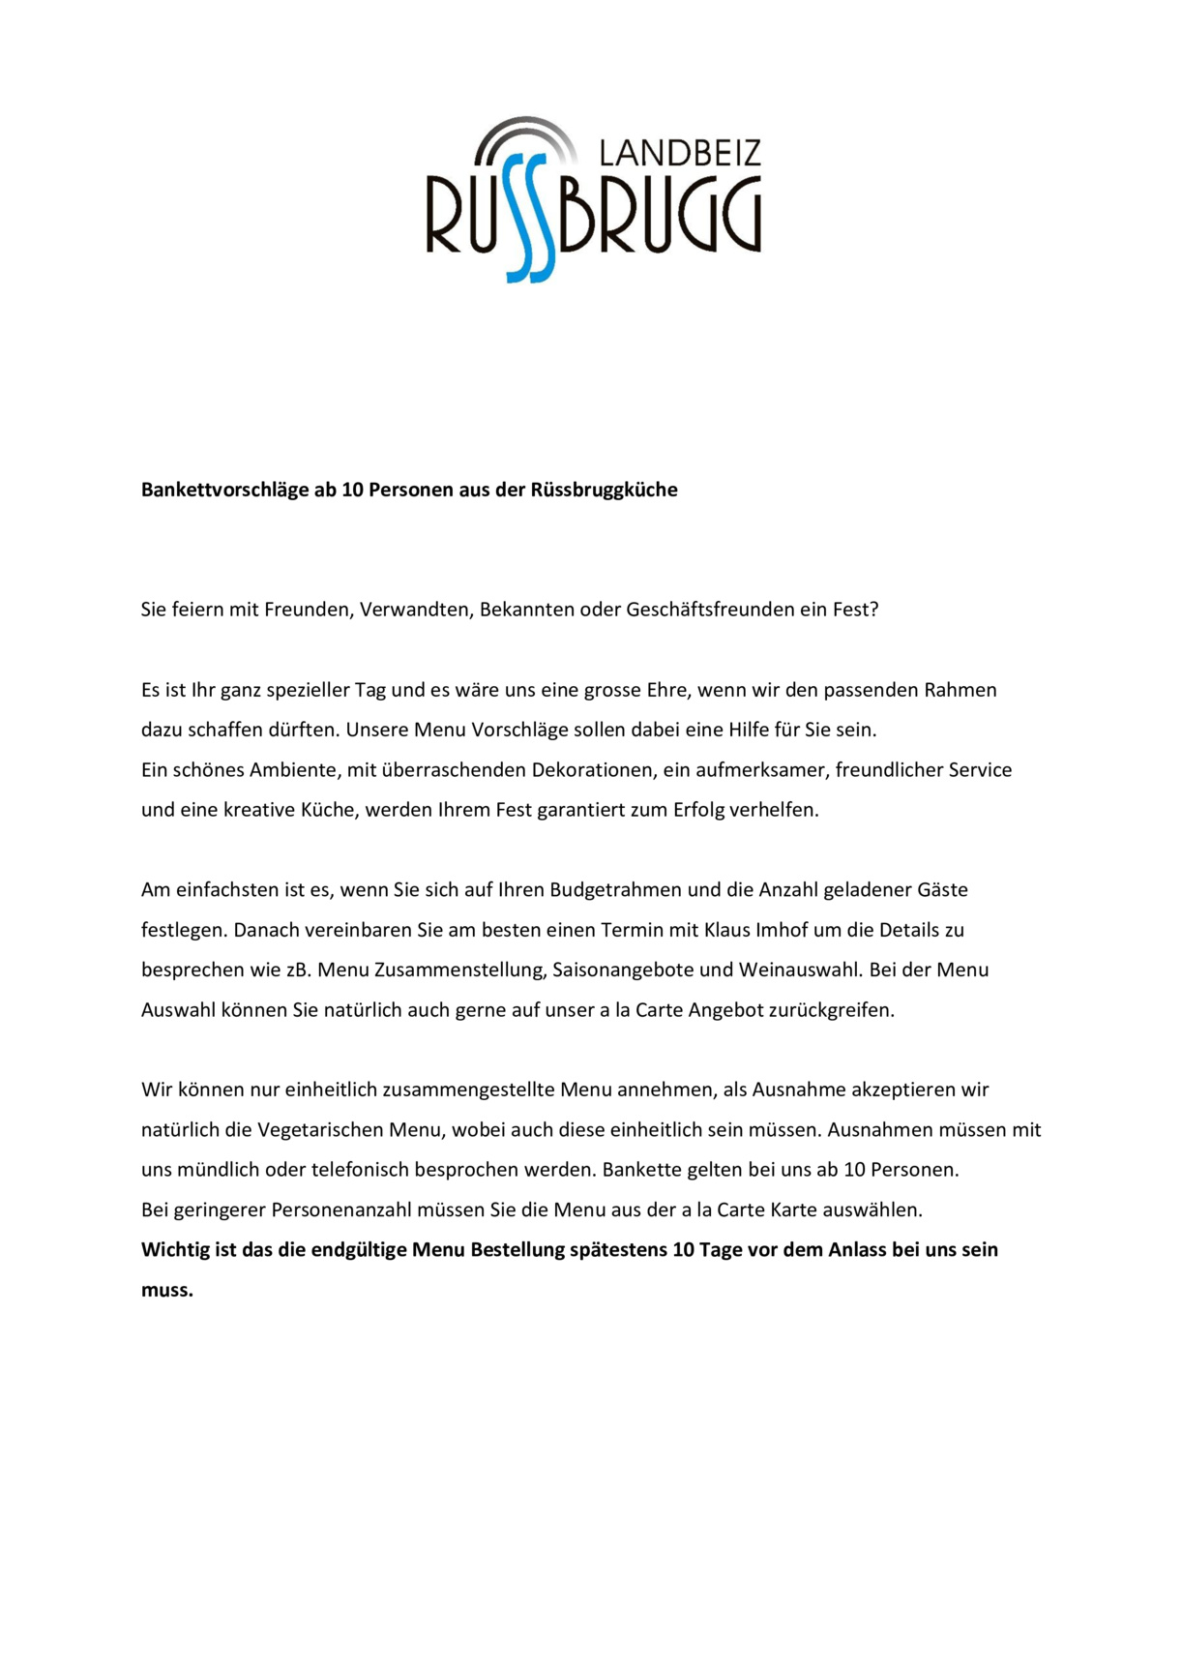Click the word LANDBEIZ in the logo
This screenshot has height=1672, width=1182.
[680, 153]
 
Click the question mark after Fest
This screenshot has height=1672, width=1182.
[873, 610]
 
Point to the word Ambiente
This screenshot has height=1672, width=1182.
[289, 770]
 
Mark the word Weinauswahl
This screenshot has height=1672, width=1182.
[799, 970]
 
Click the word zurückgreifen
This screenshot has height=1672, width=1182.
[831, 1010]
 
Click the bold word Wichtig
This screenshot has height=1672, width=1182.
[175, 1249]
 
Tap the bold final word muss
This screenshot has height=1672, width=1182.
[166, 1290]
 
